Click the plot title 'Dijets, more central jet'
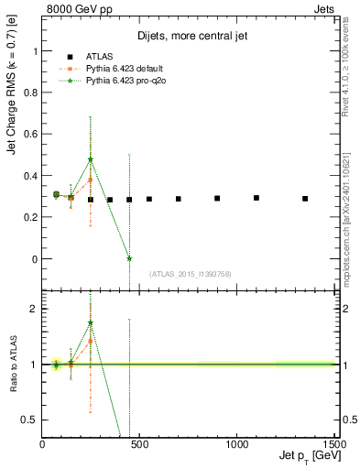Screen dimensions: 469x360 [186, 38]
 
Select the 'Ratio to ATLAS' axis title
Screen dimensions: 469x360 [13, 365]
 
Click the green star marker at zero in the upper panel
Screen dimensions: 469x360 [129, 259]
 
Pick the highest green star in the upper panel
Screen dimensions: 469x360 [91, 159]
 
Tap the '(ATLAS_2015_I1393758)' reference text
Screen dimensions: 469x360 [190, 274]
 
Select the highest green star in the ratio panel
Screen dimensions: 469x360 [91, 322]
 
